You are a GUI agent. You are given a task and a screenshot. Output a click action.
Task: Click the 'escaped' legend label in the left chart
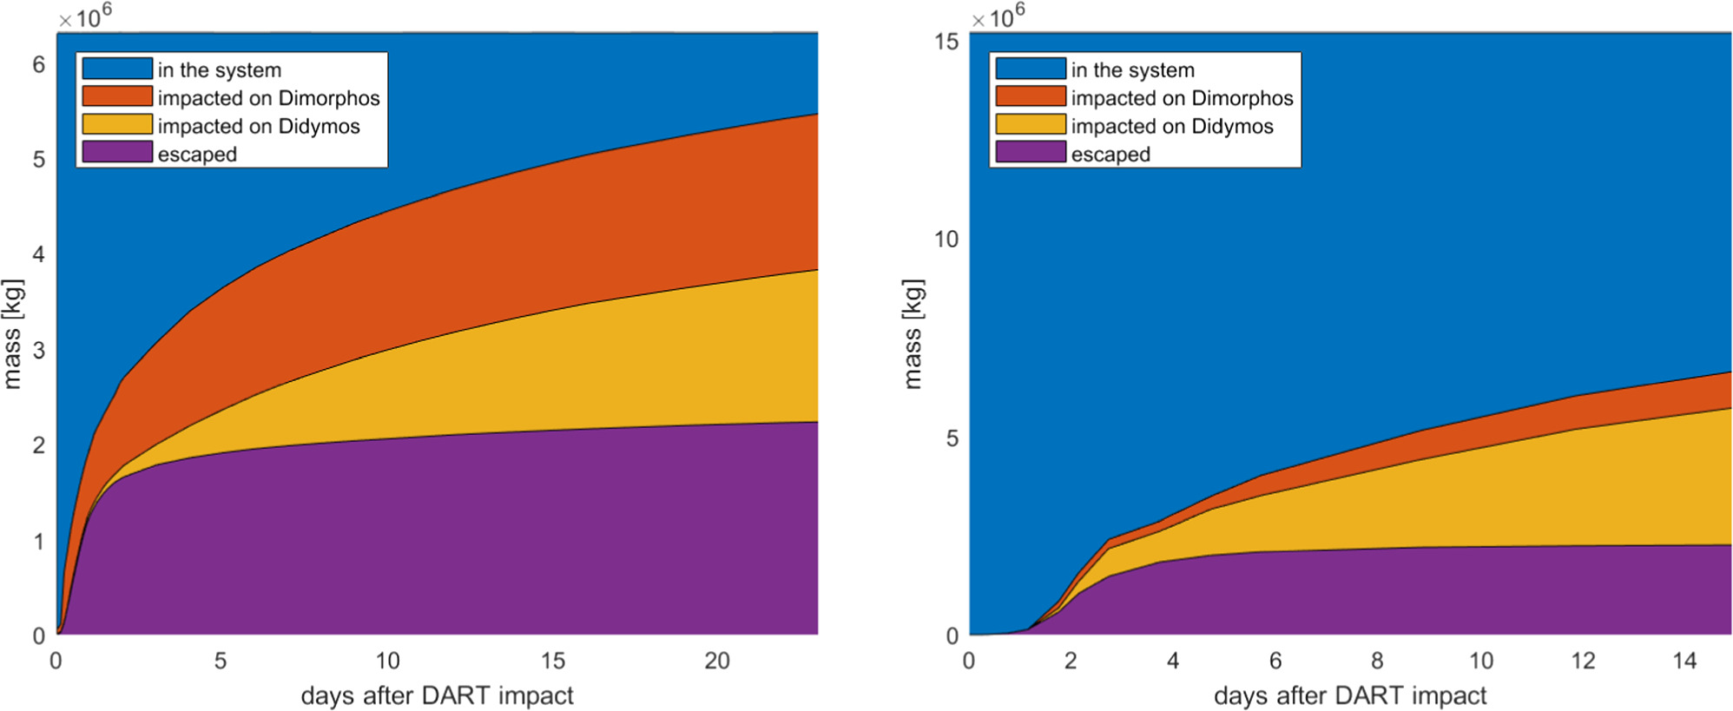click(x=197, y=155)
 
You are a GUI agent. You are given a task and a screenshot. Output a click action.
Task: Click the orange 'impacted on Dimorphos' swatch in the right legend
click(x=1031, y=97)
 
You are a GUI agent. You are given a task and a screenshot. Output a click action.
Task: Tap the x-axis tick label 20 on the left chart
click(x=717, y=662)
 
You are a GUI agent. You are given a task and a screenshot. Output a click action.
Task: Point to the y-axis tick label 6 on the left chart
click(x=39, y=65)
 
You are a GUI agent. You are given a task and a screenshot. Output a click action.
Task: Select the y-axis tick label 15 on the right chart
click(x=947, y=42)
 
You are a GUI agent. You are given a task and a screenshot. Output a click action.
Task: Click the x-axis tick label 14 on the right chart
click(x=1684, y=662)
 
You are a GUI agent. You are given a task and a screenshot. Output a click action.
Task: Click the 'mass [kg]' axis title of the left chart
click(x=12, y=334)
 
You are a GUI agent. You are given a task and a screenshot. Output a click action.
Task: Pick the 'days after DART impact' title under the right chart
click(x=1350, y=696)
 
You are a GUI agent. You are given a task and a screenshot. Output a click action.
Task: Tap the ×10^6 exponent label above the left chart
click(x=85, y=16)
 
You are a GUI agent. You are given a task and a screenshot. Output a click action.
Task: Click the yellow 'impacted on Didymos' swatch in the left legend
click(x=117, y=125)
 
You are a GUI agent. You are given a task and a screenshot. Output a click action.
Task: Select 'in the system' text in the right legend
click(x=1132, y=70)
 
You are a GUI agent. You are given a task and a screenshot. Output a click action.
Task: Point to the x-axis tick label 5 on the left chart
click(x=221, y=662)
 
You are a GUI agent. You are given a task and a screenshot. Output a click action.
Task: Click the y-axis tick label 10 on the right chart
click(x=947, y=240)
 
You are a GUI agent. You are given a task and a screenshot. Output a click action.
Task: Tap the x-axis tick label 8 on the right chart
click(x=1377, y=662)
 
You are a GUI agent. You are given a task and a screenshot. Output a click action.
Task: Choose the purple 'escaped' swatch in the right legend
click(x=1031, y=153)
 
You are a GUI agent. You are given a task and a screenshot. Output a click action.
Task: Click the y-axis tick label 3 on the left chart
click(x=39, y=351)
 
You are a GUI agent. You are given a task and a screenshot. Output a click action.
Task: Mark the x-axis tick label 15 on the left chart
click(x=552, y=662)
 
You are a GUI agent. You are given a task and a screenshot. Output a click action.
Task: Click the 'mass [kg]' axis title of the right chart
click(x=913, y=334)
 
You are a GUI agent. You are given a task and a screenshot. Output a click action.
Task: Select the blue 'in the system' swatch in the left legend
click(x=117, y=69)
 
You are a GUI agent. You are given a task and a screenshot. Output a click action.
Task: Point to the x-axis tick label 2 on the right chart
click(x=1071, y=662)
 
